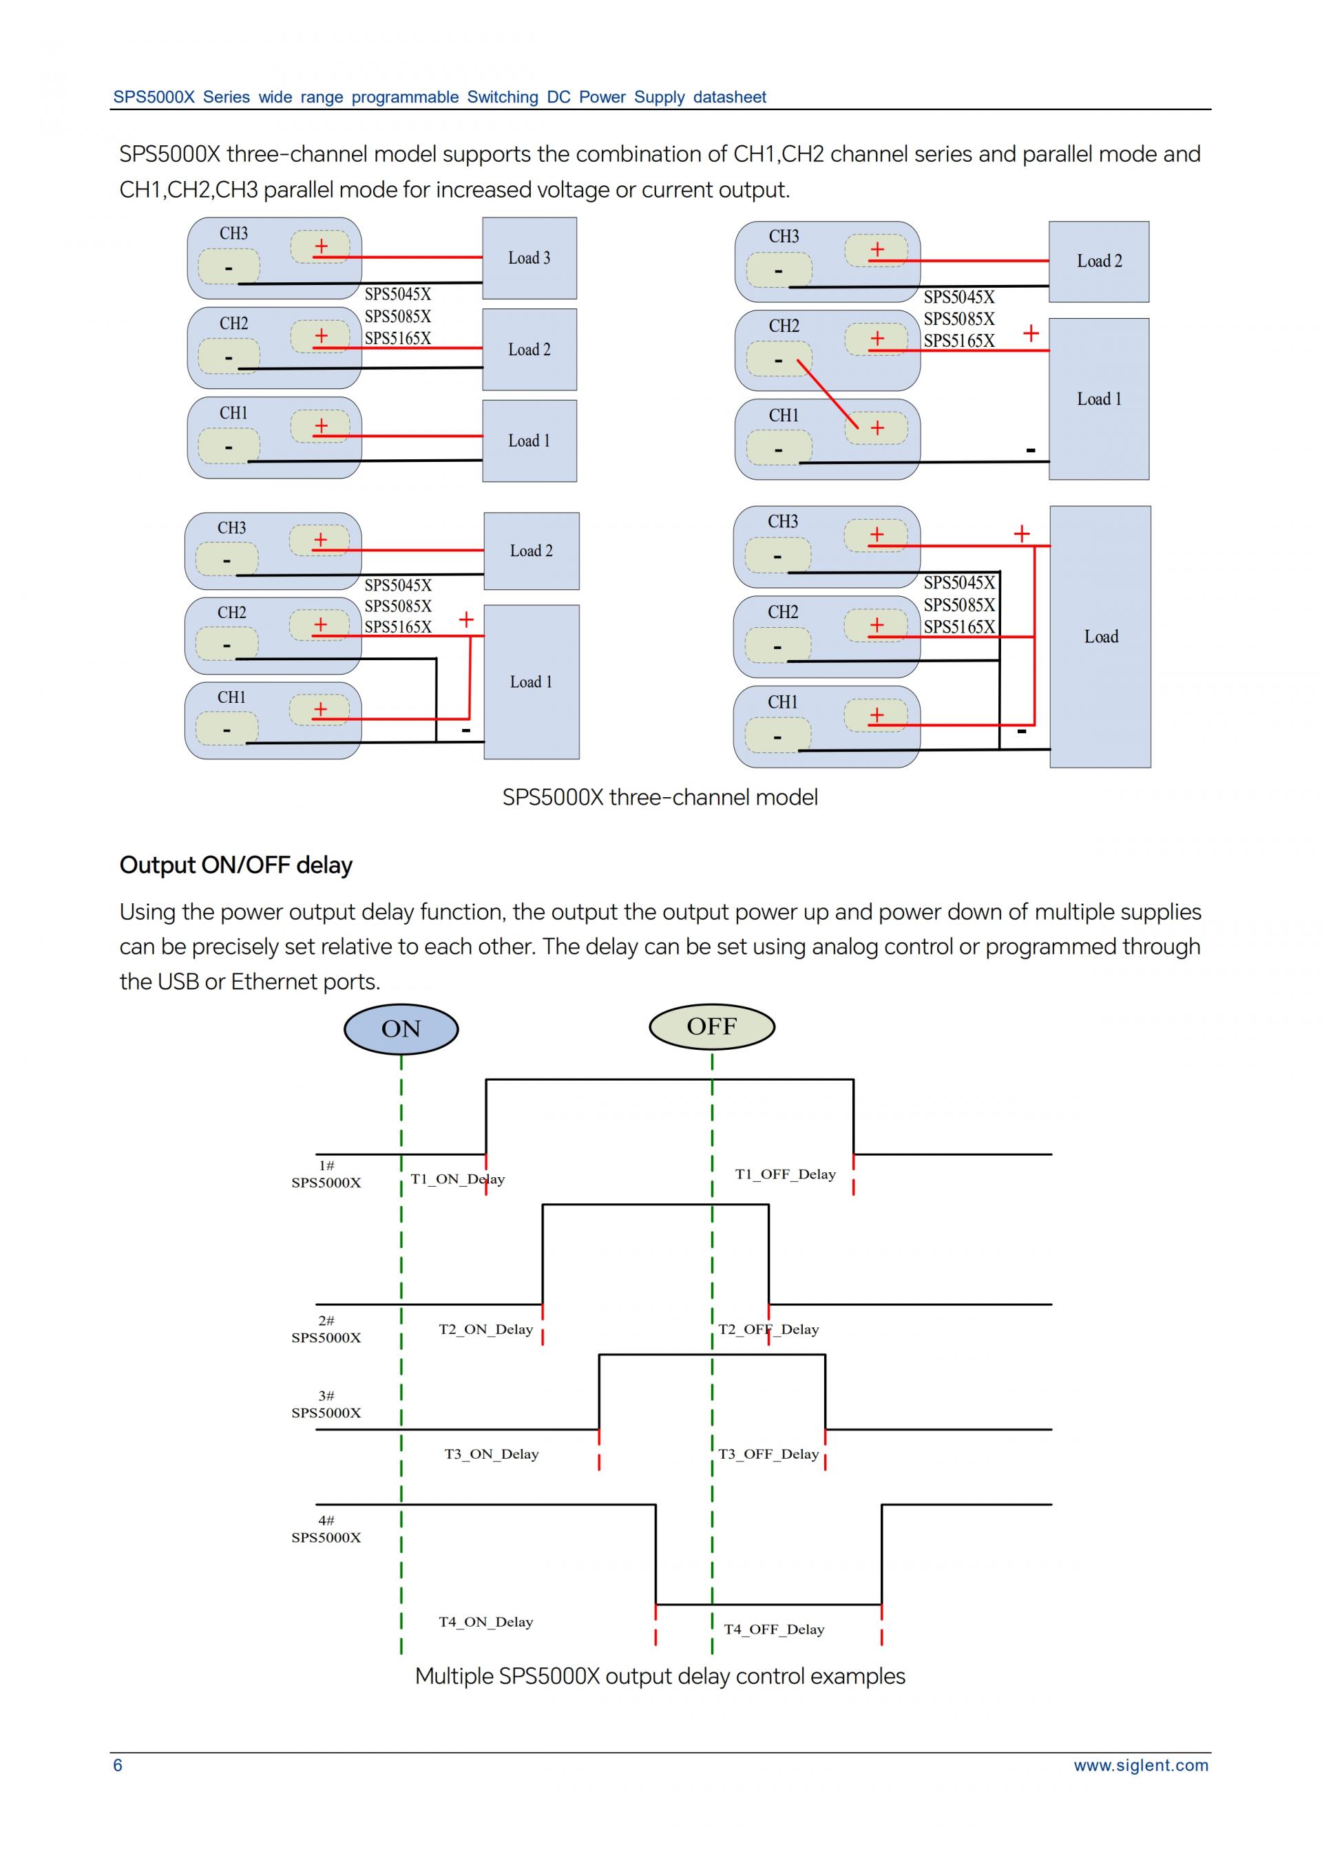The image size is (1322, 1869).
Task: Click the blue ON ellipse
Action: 401,1029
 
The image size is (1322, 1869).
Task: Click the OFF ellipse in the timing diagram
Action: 711,1026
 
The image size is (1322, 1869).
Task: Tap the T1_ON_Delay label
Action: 457,1179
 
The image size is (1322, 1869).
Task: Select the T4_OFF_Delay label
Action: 774,1629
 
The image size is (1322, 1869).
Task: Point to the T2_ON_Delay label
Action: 486,1329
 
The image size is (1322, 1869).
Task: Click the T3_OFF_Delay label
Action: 768,1454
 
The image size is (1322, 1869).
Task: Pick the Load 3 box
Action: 529,258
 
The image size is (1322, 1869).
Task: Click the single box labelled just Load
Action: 1100,637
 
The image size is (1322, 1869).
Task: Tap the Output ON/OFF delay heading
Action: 236,865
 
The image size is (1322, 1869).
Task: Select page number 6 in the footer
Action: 118,1765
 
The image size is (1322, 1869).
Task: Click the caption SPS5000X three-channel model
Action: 660,797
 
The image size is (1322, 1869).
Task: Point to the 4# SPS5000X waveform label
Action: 326,1529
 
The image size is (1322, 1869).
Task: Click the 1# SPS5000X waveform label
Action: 326,1174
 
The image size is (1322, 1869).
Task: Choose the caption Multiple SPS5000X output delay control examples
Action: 660,1676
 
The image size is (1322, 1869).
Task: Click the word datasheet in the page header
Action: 729,98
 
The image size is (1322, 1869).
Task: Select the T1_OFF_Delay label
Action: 786,1174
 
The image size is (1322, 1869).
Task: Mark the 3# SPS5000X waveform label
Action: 326,1404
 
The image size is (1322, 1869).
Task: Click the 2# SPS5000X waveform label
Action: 326,1329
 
